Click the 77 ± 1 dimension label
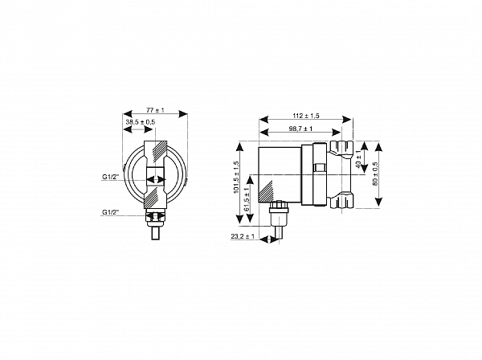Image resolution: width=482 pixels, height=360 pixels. [x=155, y=110]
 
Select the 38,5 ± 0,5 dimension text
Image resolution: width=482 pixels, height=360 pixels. [x=141, y=122]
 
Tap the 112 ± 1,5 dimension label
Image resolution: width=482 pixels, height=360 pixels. [x=306, y=116]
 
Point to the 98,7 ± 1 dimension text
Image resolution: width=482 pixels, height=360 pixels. [x=300, y=129]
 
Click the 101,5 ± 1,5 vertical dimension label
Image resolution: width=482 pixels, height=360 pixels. [x=236, y=177]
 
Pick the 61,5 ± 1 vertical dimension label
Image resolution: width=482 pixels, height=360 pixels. [x=247, y=199]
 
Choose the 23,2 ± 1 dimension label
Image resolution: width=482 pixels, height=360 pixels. [x=243, y=236]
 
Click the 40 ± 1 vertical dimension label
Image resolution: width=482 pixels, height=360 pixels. [x=359, y=159]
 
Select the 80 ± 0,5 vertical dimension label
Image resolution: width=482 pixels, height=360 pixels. [x=375, y=174]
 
